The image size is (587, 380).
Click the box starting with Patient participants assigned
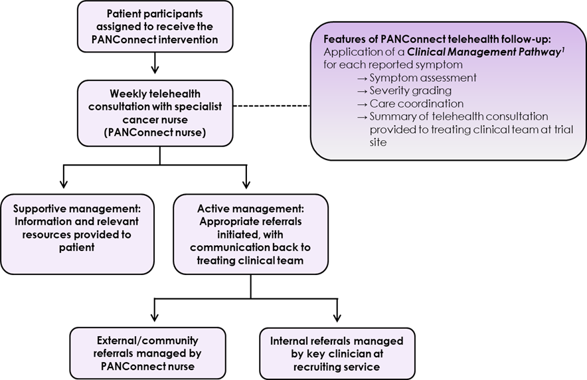point(155,27)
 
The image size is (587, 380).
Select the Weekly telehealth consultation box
point(155,113)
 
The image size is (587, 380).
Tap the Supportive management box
point(77,234)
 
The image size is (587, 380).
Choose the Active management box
point(250,234)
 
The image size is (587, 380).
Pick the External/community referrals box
point(148,353)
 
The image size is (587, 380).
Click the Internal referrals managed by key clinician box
point(337,353)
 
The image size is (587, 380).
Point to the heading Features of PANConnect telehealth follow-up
point(436,39)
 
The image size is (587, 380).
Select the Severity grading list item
point(410,90)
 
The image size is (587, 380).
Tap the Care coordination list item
point(416,104)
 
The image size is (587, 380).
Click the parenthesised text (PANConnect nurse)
point(155,132)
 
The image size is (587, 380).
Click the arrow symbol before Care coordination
point(362,104)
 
